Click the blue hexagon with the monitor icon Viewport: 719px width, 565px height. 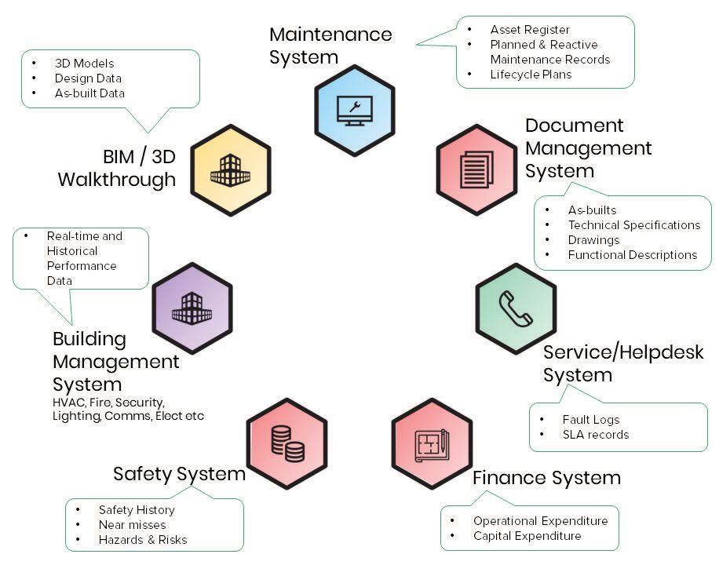(x=354, y=110)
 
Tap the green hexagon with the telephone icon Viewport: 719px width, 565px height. (x=516, y=308)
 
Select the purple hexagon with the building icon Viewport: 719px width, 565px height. (x=192, y=308)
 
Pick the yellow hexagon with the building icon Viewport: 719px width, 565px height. (x=230, y=169)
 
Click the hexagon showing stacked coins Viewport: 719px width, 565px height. (x=287, y=443)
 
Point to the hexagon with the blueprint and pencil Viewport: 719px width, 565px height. (x=432, y=443)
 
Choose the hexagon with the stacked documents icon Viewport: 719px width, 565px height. (x=476, y=169)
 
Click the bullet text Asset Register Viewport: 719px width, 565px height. (x=530, y=30)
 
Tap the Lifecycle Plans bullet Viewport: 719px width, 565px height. (x=531, y=75)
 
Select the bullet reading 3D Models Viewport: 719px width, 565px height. (x=84, y=64)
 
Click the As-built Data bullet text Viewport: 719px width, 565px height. (x=89, y=93)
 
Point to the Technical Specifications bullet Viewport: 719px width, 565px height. (x=633, y=225)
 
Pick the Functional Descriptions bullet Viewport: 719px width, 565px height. (x=632, y=255)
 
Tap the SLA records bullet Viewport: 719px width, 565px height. (x=595, y=435)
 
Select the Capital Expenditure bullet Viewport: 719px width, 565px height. (x=527, y=536)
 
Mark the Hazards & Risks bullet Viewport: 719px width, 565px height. (x=142, y=540)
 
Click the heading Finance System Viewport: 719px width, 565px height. (x=546, y=478)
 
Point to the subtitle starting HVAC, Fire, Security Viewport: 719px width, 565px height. (x=128, y=409)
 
